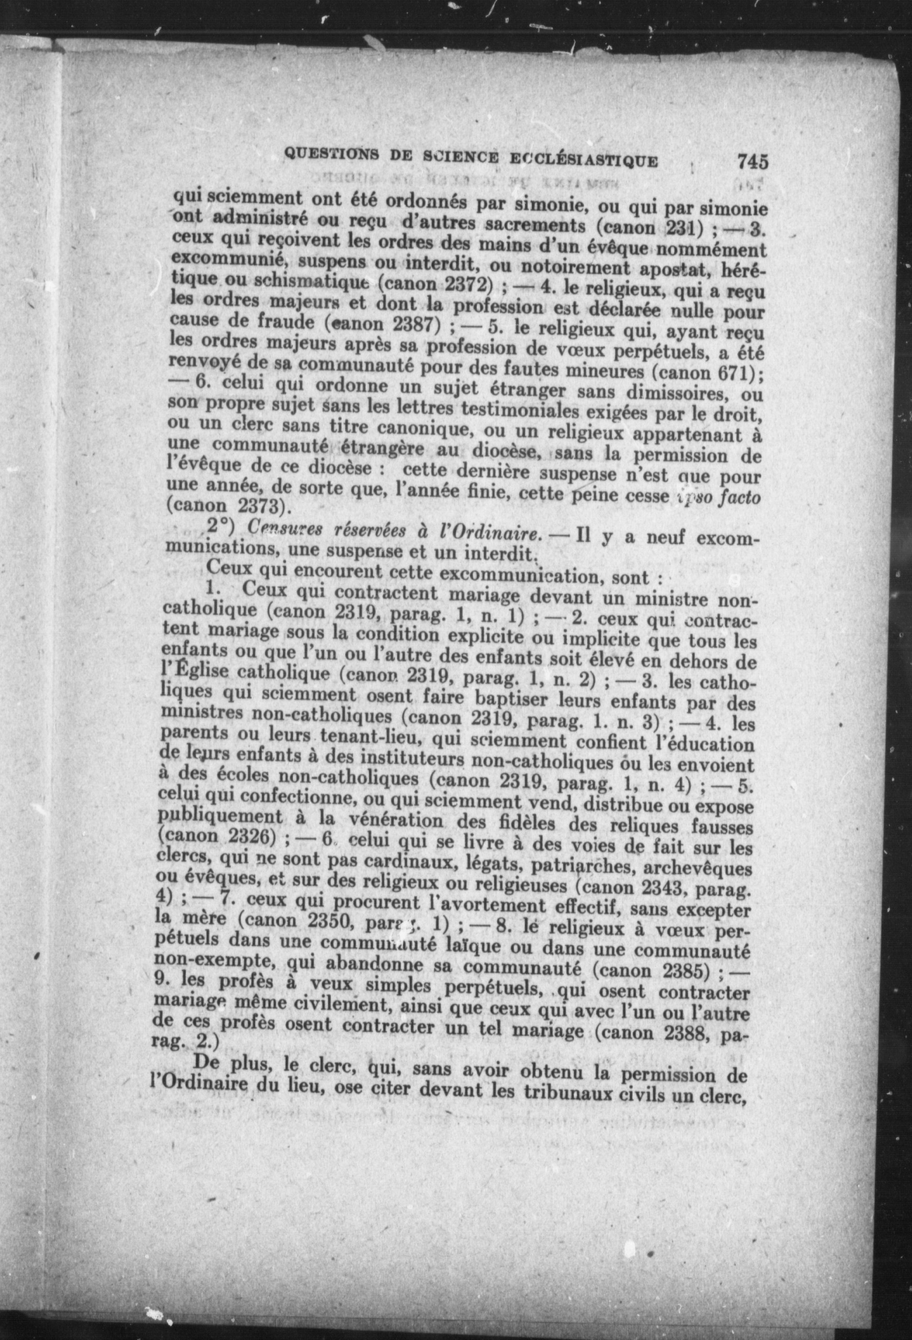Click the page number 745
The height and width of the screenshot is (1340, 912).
click(x=752, y=161)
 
